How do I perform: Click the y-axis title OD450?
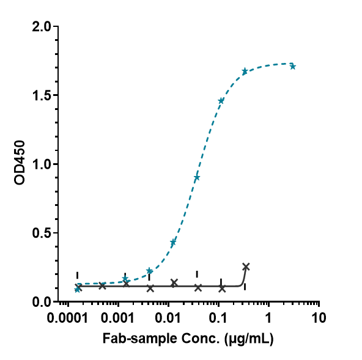click(x=20, y=164)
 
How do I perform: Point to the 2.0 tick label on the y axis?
click(x=42, y=27)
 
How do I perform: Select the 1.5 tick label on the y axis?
click(x=42, y=95)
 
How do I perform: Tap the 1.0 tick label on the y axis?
click(x=42, y=164)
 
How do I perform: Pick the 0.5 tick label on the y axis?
click(x=42, y=233)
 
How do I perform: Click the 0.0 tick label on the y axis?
click(x=42, y=301)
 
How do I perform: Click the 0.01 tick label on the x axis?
click(x=169, y=319)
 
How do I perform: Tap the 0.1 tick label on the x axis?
click(x=219, y=319)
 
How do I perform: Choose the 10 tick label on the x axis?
click(x=317, y=319)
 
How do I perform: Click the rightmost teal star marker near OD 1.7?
click(x=293, y=66)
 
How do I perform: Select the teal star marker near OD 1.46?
click(x=221, y=100)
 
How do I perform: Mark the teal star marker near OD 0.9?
click(x=197, y=177)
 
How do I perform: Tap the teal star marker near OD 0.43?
click(x=173, y=243)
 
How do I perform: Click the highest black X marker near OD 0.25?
click(x=246, y=266)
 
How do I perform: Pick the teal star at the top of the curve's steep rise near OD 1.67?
click(x=245, y=72)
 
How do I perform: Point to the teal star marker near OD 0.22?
click(x=149, y=271)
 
